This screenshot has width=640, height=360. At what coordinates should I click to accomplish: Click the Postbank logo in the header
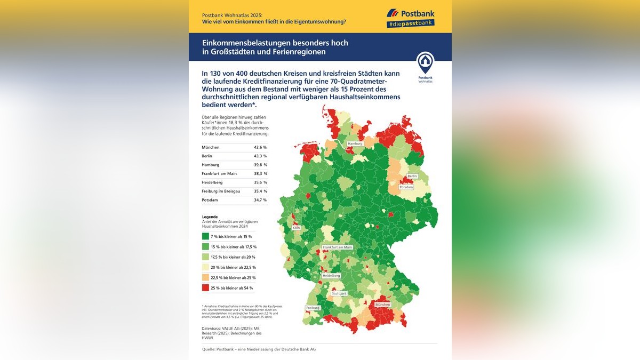410,13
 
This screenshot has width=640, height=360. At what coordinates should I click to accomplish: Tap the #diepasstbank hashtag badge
410,23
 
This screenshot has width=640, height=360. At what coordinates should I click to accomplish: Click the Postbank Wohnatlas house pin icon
425,63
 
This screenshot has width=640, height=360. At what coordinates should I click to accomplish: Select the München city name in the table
210,147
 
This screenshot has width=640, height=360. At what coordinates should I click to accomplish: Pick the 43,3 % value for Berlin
260,156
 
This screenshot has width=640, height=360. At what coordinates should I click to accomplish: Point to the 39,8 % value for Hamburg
260,165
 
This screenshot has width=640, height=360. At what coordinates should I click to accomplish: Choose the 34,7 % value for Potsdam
260,200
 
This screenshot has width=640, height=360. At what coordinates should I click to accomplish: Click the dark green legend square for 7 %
205,236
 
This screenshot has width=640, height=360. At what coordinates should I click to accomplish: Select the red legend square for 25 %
205,288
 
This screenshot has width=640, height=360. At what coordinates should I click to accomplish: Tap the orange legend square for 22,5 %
205,278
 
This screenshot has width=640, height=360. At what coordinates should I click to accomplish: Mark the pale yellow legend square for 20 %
205,267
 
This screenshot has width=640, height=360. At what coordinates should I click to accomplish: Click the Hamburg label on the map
355,144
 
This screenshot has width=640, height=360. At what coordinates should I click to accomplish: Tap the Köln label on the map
297,228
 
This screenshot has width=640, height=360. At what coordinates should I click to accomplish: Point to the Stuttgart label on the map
339,293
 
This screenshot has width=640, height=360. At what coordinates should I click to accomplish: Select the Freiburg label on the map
313,308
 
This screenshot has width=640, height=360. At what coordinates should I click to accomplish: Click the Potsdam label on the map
406,187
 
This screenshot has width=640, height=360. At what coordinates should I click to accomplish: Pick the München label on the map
383,305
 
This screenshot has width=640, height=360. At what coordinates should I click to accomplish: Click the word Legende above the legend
210,217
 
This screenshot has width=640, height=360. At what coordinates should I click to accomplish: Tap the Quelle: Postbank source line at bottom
259,349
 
